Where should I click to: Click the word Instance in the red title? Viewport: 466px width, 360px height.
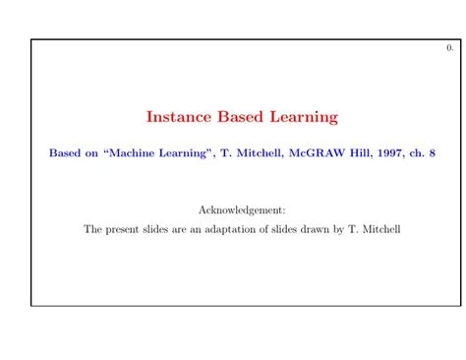pos(175,117)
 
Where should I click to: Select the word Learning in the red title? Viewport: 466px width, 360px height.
pos(305,117)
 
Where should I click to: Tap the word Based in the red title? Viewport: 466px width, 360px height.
pos(237,117)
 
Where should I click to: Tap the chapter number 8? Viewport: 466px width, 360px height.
pos(432,153)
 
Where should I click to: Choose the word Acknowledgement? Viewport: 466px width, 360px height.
pos(242,210)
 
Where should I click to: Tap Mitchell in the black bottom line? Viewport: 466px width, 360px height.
pos(379,229)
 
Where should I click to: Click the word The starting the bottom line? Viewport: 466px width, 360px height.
pos(93,229)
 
